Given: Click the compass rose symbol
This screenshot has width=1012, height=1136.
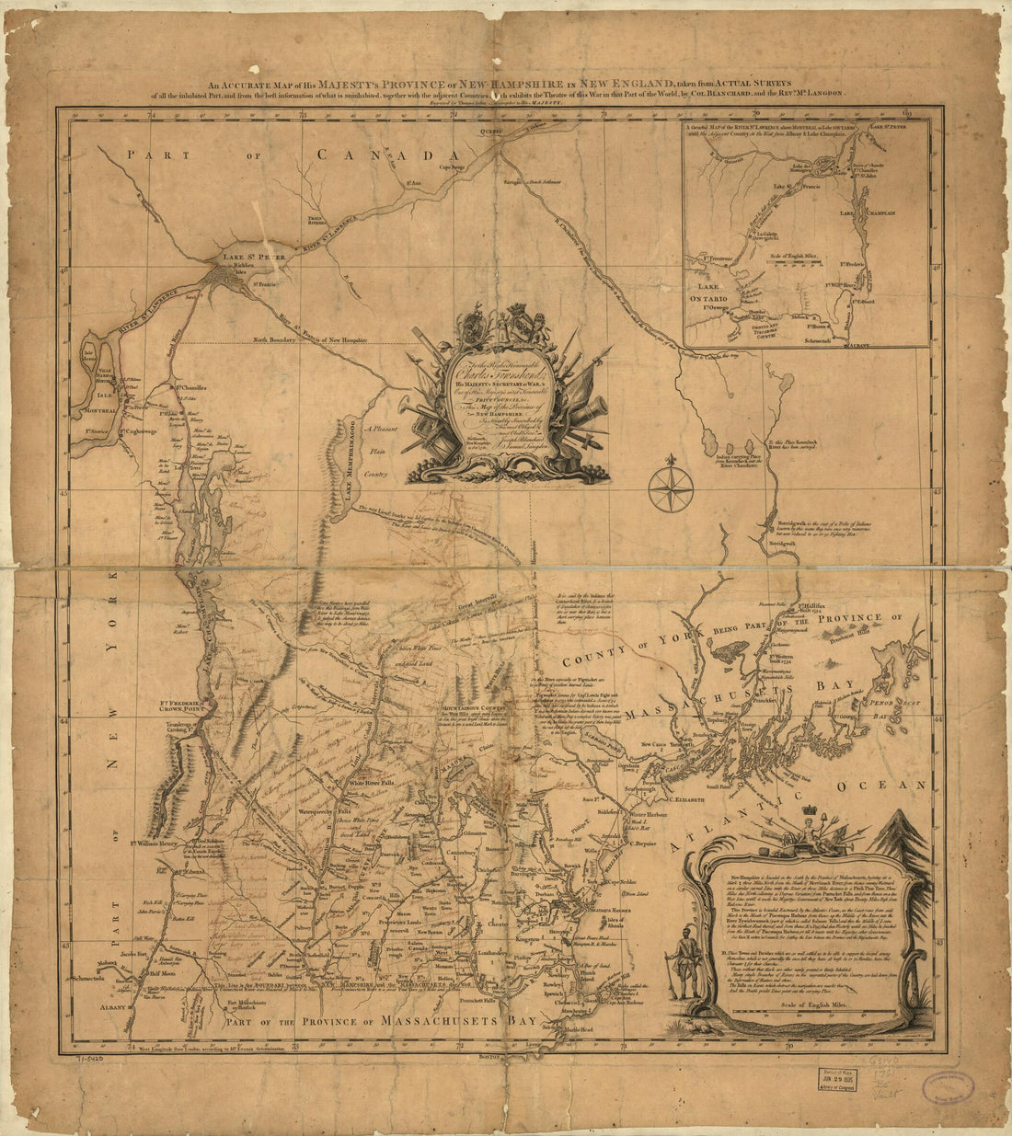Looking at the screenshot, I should pos(671,488).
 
